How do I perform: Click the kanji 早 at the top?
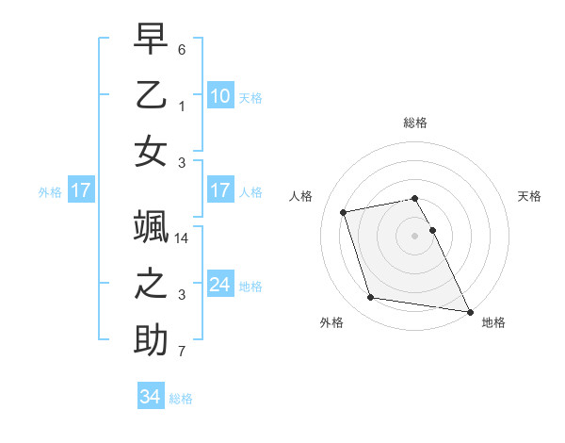151,40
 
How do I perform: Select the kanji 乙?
151,97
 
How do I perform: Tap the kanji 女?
151,153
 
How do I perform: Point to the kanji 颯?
151,227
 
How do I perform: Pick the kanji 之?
151,284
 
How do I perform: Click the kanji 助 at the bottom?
151,340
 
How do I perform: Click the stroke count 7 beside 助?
182,353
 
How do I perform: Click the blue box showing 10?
220,95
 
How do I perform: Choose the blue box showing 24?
220,284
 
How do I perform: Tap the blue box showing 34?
151,397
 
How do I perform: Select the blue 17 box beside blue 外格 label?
81,190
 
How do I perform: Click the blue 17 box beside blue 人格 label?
220,190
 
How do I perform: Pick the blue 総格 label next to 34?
181,399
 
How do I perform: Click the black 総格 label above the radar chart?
415,123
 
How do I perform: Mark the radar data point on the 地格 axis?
469,312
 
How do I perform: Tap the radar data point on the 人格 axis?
344,211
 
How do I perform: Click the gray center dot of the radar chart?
415,235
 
